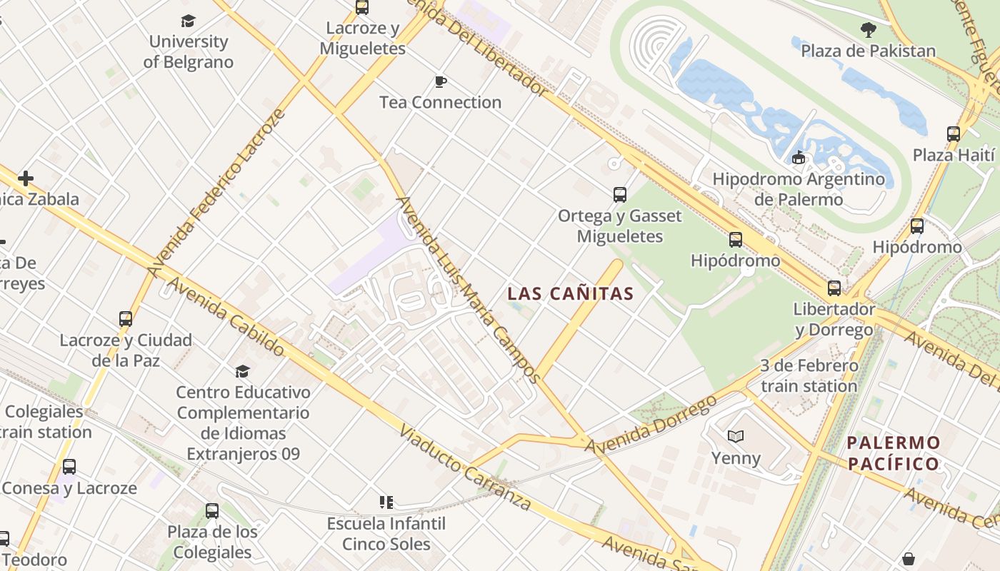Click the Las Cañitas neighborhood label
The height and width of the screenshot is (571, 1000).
[x=571, y=293]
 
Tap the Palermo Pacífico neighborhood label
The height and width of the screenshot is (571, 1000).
[x=893, y=453]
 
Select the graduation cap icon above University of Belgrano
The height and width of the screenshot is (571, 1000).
[x=188, y=21]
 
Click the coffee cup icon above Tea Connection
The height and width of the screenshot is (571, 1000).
[x=441, y=81]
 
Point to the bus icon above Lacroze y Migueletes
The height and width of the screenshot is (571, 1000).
[x=362, y=8]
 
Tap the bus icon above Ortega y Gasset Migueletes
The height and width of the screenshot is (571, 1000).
[x=620, y=194]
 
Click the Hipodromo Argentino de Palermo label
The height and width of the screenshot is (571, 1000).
[x=799, y=189]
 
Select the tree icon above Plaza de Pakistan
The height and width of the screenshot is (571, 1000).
[x=869, y=30]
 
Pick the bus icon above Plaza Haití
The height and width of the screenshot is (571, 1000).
[x=954, y=134]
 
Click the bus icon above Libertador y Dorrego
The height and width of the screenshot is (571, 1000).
[x=834, y=288]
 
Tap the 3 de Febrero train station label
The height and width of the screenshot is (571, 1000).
[x=809, y=376]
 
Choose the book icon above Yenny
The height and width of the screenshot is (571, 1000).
[x=736, y=436]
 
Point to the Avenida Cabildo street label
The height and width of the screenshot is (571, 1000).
[x=226, y=317]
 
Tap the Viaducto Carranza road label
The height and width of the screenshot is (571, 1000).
[x=465, y=468]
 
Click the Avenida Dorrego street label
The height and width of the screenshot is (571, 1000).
[x=651, y=424]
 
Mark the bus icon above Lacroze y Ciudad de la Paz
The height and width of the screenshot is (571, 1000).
[x=126, y=319]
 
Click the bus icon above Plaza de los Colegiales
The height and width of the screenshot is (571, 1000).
[x=212, y=511]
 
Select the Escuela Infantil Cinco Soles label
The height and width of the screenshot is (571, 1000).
[x=386, y=534]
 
